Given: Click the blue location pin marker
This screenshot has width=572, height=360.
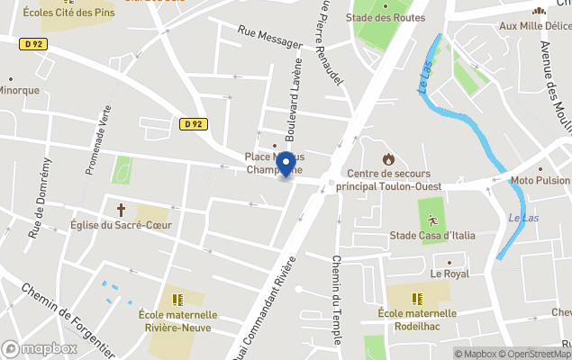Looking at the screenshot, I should coord(286,164).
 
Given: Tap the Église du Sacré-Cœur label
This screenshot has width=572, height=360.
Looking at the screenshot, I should coord(120,225).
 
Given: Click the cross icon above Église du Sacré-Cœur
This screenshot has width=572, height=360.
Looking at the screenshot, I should coord(120,209).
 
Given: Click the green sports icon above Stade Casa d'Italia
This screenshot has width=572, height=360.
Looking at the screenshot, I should coord(432,220).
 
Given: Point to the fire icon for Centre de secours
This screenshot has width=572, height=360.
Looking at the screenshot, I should coord(388,158).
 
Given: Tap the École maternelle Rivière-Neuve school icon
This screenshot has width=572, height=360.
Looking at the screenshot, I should coord(177,298).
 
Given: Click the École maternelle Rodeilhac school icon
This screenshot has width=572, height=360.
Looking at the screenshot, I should coord(417,298).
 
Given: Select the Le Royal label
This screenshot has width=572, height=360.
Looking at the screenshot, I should coord(449,273).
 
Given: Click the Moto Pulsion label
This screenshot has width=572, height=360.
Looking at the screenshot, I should coord(540,181).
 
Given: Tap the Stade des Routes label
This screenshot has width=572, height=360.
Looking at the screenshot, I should coord(385,17).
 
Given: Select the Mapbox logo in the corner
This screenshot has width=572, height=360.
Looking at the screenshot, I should coord(39,348).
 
